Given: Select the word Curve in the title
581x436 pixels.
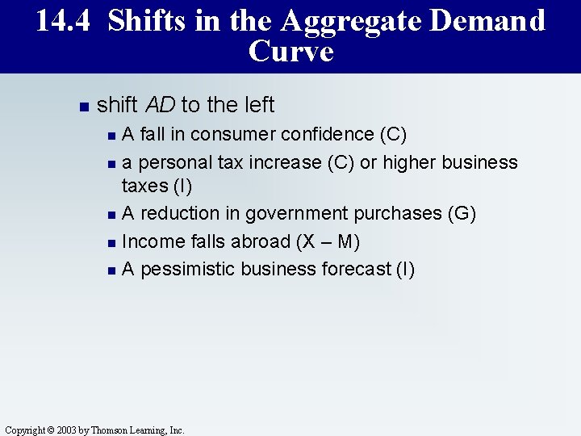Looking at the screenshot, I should click(x=290, y=52).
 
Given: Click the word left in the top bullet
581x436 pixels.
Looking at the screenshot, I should click(x=257, y=105).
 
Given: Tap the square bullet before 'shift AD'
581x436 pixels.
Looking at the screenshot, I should click(x=82, y=106).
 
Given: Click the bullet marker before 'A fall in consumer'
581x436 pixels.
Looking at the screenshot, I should click(x=111, y=135).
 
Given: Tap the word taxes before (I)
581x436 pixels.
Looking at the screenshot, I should click(x=143, y=187).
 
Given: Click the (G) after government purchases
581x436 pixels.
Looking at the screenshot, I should click(x=462, y=213).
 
